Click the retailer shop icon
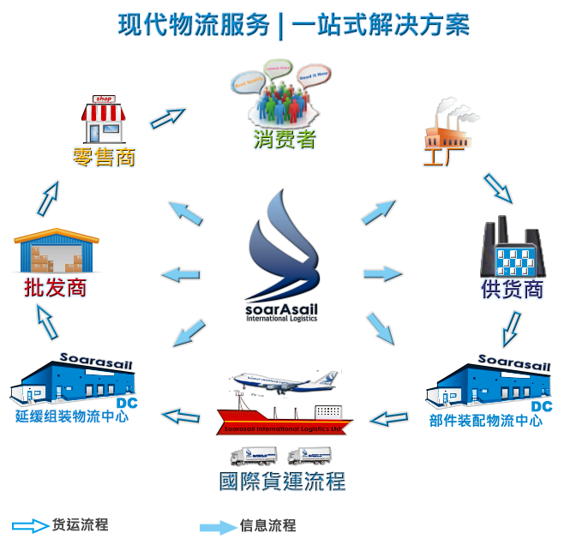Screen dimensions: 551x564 (104, 120)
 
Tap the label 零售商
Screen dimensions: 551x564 (105, 158)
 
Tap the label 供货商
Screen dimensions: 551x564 (512, 290)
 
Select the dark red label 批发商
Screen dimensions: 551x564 (56, 288)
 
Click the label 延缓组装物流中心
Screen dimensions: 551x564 (72, 417)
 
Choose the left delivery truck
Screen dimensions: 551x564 (254, 456)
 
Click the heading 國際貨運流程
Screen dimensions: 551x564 (282, 481)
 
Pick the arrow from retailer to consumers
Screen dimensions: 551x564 (168, 117)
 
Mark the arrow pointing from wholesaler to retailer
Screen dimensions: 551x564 (50, 199)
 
